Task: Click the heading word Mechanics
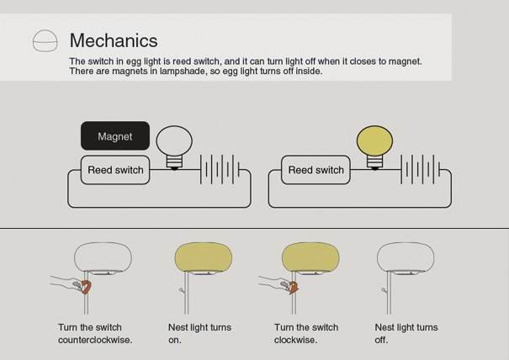(x=114, y=40)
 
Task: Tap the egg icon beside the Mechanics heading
(x=45, y=40)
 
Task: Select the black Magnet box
(x=115, y=136)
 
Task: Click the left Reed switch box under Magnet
(x=115, y=170)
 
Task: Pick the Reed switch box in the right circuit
(x=315, y=170)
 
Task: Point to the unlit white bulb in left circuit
(x=175, y=141)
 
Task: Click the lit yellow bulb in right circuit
(x=374, y=141)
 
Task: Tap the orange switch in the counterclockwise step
(x=87, y=287)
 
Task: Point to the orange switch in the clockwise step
(x=294, y=289)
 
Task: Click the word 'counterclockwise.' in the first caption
(x=95, y=340)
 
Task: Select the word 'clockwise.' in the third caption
(x=295, y=340)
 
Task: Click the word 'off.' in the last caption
(x=382, y=340)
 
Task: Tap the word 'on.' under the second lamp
(x=174, y=340)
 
